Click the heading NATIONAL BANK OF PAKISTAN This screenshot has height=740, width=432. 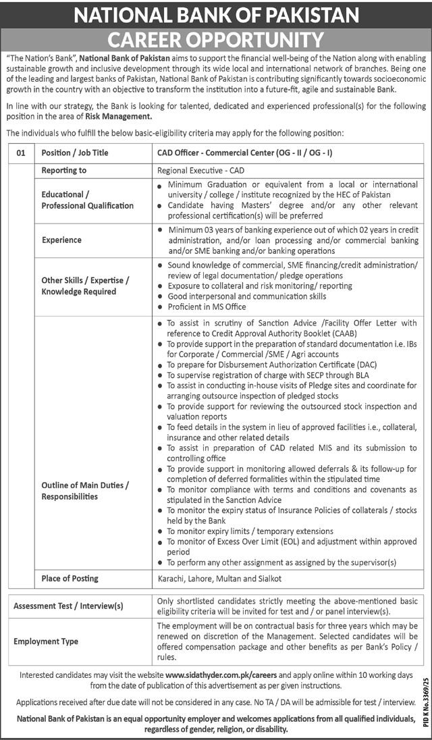[x=216, y=15]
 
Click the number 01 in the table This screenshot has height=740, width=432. [x=21, y=153]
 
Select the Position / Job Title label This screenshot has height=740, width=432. [x=75, y=153]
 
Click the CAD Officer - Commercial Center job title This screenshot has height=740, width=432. [x=244, y=153]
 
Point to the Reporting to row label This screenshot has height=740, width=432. [x=64, y=171]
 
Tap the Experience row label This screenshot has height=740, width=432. [x=61, y=240]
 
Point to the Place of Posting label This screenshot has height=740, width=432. [x=70, y=579]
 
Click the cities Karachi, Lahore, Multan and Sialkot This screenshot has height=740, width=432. [x=220, y=579]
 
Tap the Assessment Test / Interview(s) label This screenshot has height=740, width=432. [x=69, y=606]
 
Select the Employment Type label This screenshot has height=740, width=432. [x=46, y=641]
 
